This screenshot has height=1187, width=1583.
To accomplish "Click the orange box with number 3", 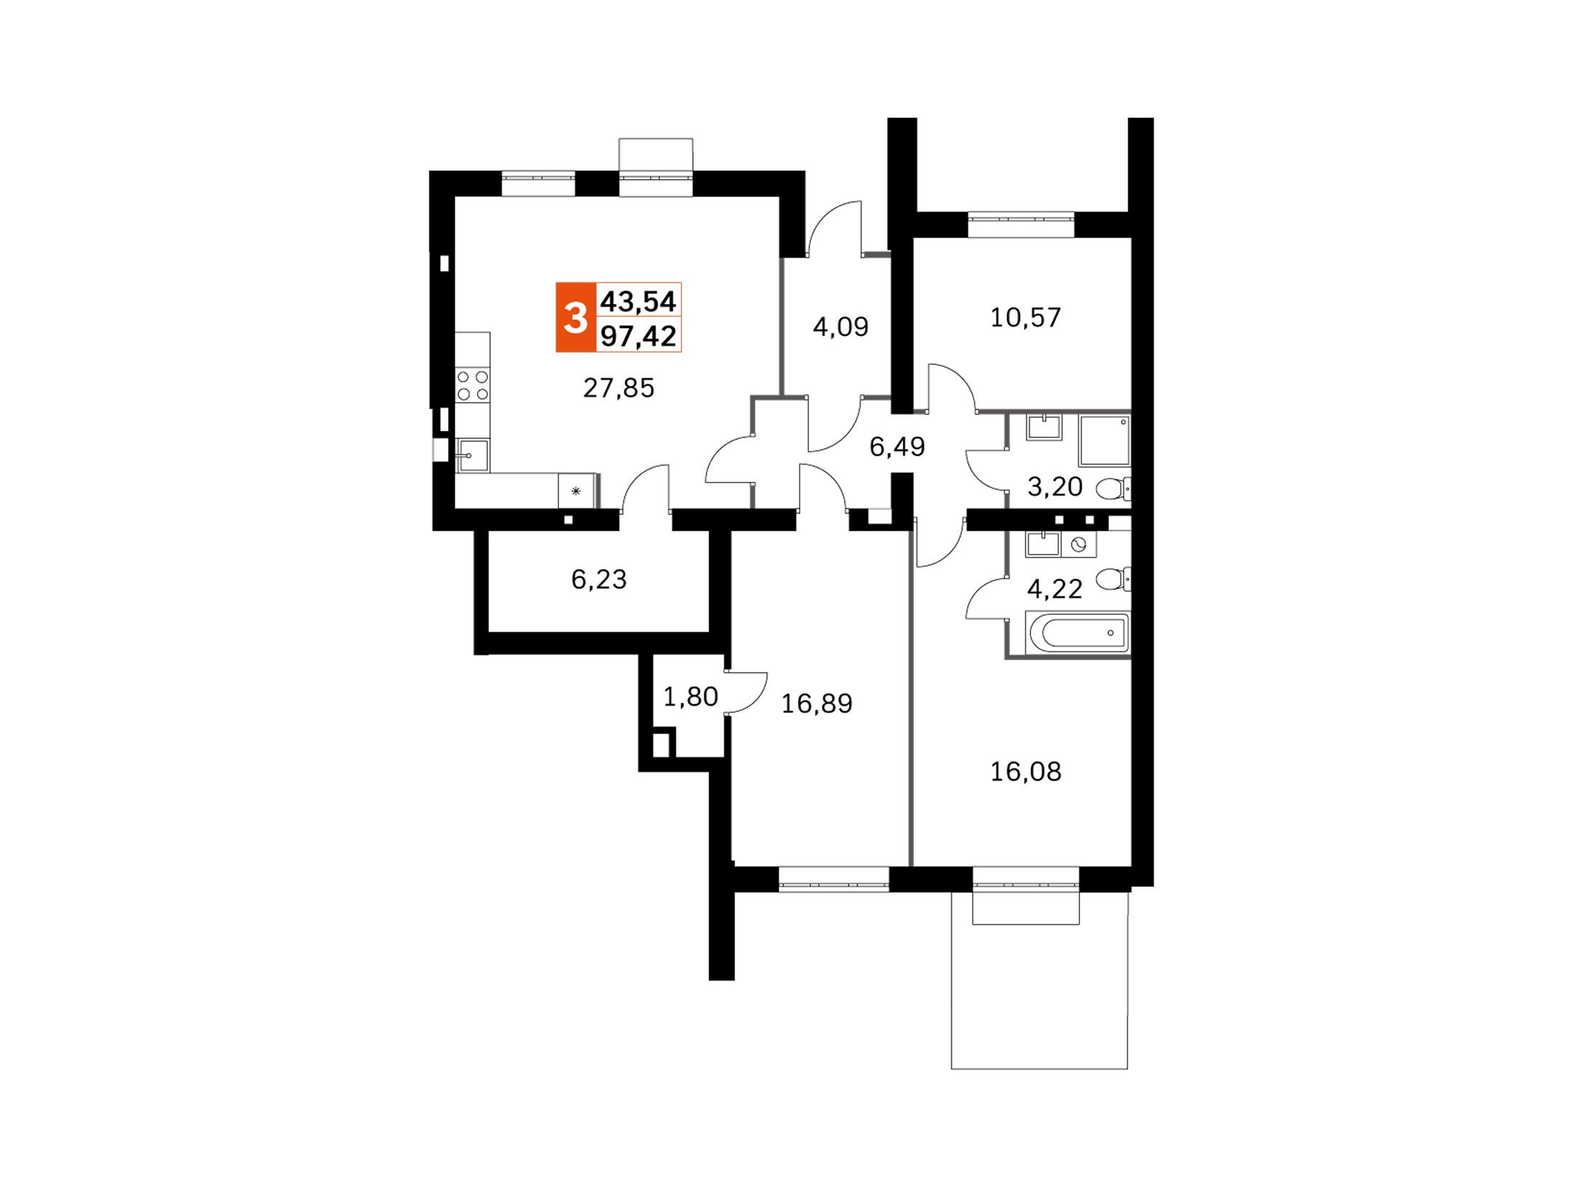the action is click(x=576, y=317).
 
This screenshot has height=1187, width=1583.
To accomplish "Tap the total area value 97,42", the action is click(x=639, y=335).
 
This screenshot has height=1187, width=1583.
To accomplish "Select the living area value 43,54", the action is click(x=639, y=301).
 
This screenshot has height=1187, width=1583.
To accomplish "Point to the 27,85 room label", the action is click(x=619, y=388).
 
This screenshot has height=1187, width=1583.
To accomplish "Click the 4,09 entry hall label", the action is click(x=840, y=327).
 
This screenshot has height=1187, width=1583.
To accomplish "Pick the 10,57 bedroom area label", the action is click(x=1025, y=317).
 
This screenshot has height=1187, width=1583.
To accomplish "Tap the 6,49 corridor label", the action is click(x=897, y=447).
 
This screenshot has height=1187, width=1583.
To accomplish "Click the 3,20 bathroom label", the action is click(x=1055, y=487).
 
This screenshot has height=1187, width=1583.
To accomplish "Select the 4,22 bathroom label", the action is click(x=1055, y=590).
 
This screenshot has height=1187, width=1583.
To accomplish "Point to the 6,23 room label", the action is click(x=599, y=579).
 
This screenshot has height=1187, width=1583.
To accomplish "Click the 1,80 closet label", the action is click(x=690, y=696).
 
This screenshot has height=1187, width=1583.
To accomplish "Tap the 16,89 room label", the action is click(x=817, y=704).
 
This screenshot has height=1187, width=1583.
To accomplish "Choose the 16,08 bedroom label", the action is click(x=1026, y=772).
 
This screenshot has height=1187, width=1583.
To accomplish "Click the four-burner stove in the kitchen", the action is click(x=473, y=385).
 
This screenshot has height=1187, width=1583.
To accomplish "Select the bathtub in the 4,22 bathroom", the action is click(x=1080, y=633).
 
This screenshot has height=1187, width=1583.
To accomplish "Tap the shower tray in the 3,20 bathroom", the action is click(x=1105, y=440).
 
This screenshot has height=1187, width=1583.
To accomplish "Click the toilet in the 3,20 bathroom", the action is click(x=1114, y=489).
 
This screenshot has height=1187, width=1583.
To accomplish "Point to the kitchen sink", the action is click(x=473, y=455).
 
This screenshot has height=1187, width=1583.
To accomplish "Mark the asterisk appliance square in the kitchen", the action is click(x=576, y=491).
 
